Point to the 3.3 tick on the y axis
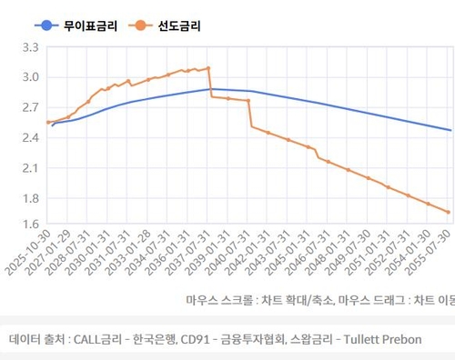tap(30, 47)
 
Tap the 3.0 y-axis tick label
tap(30, 77)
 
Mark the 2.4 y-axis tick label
tap(30, 138)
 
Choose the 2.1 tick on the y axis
tap(30, 169)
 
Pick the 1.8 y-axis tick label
tap(30, 199)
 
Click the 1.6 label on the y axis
tap(30, 224)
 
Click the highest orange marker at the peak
tap(208, 68)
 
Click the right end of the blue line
tap(450, 130)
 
